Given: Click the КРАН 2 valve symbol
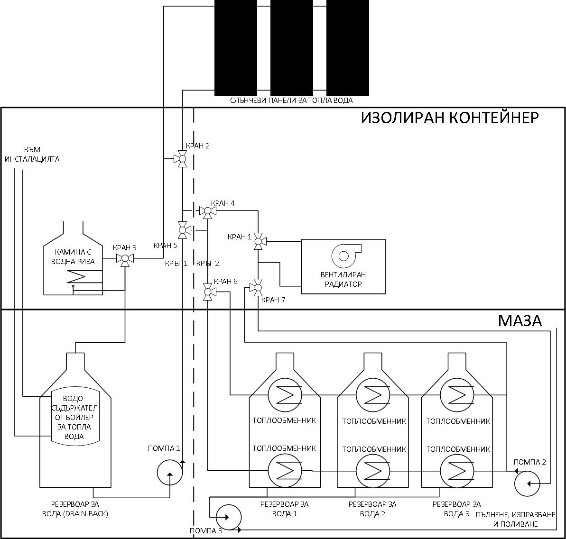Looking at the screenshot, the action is [182, 159].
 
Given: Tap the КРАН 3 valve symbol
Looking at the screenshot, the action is [125, 258].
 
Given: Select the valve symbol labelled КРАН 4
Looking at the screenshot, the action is [207, 210].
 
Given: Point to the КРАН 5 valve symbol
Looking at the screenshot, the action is [183, 230].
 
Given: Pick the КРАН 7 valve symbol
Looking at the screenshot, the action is [258, 288].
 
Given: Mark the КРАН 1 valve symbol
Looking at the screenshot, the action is [258, 241].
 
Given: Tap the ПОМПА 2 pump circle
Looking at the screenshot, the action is [527, 484].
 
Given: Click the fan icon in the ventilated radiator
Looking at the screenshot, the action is [346, 255].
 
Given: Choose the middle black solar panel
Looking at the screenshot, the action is [292, 48].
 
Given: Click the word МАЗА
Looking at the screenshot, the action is [520, 321].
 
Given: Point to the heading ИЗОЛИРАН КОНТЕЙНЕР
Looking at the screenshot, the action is [450, 118].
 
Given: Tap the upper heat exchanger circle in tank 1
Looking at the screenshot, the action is [285, 395].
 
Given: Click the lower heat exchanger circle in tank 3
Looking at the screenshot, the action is [457, 471].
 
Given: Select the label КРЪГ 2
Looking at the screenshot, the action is [207, 264].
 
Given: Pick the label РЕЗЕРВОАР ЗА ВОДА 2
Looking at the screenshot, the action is [372, 509].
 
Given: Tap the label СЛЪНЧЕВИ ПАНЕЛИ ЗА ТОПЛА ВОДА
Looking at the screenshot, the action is [291, 100].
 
